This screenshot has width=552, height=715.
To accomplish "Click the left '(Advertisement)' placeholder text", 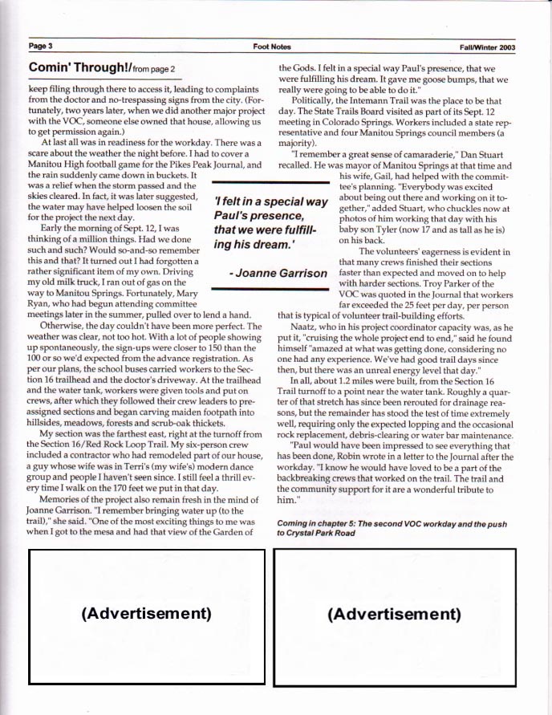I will [x=147, y=613].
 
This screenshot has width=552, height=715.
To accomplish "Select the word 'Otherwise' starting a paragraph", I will [x=65, y=327].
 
